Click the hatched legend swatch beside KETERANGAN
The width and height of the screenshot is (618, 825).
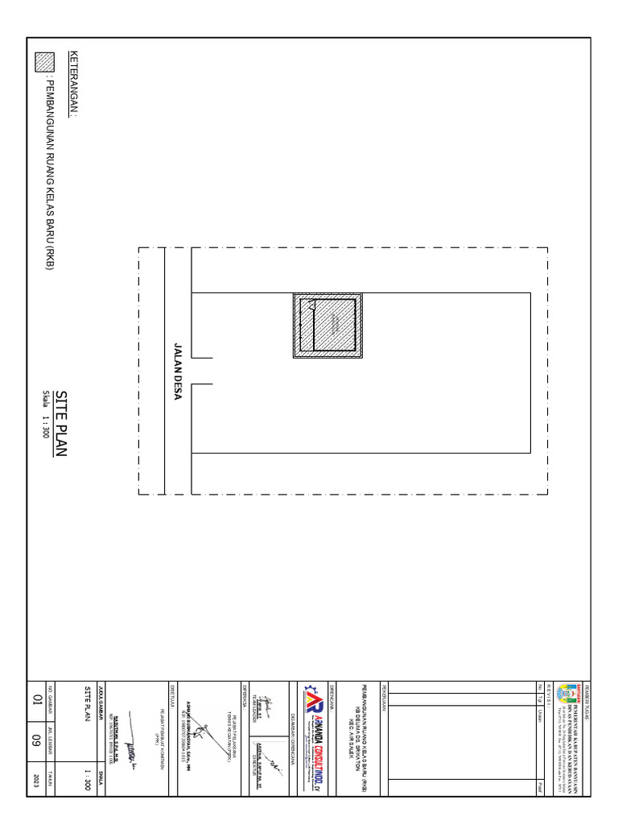tap(44, 63)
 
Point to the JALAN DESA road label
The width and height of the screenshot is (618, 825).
tap(179, 371)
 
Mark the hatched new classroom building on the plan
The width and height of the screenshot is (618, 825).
tap(326, 325)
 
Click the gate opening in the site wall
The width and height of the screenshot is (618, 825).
tap(201, 371)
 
